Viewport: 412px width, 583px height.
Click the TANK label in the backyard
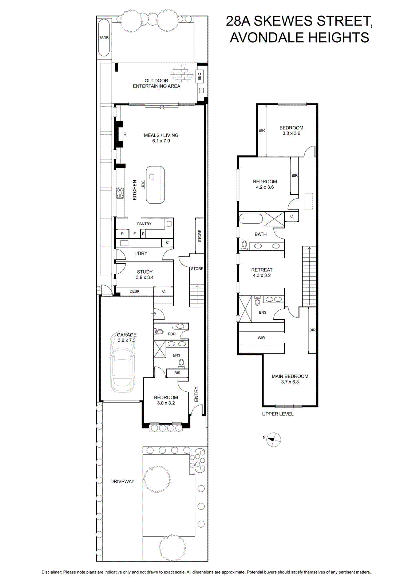pyautogui.click(x=104, y=37)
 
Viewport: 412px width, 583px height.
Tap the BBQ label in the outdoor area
pyautogui.click(x=199, y=76)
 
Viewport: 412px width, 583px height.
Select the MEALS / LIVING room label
pyautogui.click(x=161, y=135)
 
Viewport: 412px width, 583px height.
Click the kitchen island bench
pyautogui.click(x=155, y=185)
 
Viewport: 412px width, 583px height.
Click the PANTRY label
pyautogui.click(x=144, y=224)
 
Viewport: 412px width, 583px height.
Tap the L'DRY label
pyautogui.click(x=141, y=253)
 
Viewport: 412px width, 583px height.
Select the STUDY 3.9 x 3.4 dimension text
pyautogui.click(x=144, y=277)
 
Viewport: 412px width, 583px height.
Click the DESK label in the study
pyautogui.click(x=134, y=291)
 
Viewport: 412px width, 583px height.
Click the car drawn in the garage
pyautogui.click(x=123, y=362)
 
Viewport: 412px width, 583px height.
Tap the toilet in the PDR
pyautogui.click(x=158, y=332)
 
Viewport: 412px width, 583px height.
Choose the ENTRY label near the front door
pyautogui.click(x=196, y=394)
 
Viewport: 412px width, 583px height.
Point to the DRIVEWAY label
pyautogui.click(x=122, y=481)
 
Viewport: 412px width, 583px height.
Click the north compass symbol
pyautogui.click(x=274, y=439)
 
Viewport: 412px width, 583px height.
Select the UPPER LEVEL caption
pyautogui.click(x=278, y=414)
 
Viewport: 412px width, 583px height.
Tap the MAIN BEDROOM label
pyautogui.click(x=290, y=376)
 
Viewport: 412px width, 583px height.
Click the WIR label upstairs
pyautogui.click(x=261, y=338)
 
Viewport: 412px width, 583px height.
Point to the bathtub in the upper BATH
pyautogui.click(x=251, y=219)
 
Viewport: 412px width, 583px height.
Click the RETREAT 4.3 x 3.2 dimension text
pyautogui.click(x=262, y=275)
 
